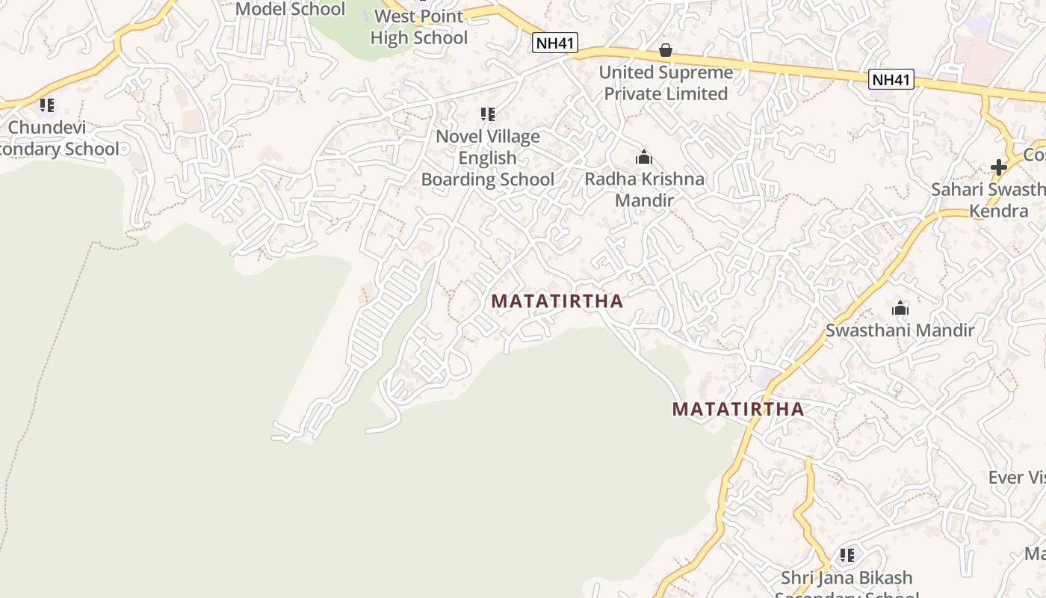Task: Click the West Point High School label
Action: (x=418, y=27)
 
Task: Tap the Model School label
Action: (x=291, y=10)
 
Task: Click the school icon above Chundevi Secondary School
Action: (x=47, y=105)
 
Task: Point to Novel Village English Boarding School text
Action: (x=488, y=158)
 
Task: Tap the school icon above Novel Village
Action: (x=488, y=114)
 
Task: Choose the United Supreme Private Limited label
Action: (x=666, y=83)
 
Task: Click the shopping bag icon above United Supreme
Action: (x=666, y=50)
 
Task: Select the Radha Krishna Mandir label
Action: (x=644, y=190)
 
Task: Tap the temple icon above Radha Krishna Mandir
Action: (x=644, y=157)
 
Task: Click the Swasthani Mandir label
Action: (x=900, y=330)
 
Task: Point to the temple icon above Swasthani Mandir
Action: (x=900, y=308)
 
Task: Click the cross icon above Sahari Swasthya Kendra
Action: (x=999, y=167)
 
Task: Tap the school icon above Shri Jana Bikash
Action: (x=847, y=555)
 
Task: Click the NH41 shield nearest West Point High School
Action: (x=555, y=43)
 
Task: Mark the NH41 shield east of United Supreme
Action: (x=891, y=79)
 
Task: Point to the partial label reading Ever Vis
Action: (x=1016, y=478)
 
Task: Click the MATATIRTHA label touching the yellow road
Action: (x=738, y=409)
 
